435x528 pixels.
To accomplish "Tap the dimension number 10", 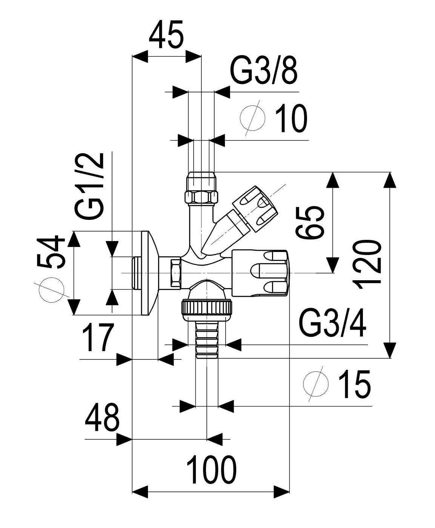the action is click(291, 119).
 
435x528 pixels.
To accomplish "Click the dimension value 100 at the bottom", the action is click(211, 470).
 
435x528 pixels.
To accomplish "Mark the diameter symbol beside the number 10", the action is click(253, 118).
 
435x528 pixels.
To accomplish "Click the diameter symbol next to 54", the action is click(51, 290).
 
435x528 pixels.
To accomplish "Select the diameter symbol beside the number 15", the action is click(316, 384).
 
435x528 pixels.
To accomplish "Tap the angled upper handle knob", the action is click(255, 209).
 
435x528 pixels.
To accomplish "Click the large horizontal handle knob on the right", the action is click(261, 273).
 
